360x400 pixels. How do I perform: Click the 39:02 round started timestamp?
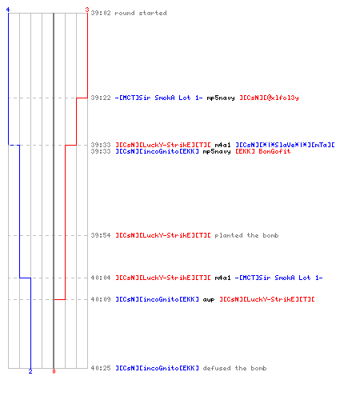pos(101,13)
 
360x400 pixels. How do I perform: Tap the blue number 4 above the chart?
pos(8,10)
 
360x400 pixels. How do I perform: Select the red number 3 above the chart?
pos(86,10)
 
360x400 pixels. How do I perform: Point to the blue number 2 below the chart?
pos(30,371)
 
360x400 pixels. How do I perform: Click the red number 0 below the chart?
pos(54,371)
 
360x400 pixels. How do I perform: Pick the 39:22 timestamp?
pos(101,98)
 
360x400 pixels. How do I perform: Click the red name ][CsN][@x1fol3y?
pos(269,98)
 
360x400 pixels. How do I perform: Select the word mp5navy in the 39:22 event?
pos(221,98)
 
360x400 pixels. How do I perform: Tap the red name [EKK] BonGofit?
pos(263,151)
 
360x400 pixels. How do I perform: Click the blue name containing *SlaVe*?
pos(285,145)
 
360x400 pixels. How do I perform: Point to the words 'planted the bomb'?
pos(246,235)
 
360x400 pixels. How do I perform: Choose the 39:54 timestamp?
pos(101,235)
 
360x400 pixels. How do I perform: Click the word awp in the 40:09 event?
pos(209,300)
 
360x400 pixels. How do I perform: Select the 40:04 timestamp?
pos(101,278)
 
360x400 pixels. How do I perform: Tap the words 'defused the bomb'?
pos(234,368)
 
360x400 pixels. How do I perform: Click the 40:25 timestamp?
pos(101,368)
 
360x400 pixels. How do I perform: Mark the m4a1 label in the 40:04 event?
pos(222,278)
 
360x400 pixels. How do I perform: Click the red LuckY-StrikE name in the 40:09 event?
pos(267,299)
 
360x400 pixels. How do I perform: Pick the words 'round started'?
pos(141,13)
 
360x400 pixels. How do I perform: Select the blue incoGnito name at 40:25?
pos(158,368)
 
